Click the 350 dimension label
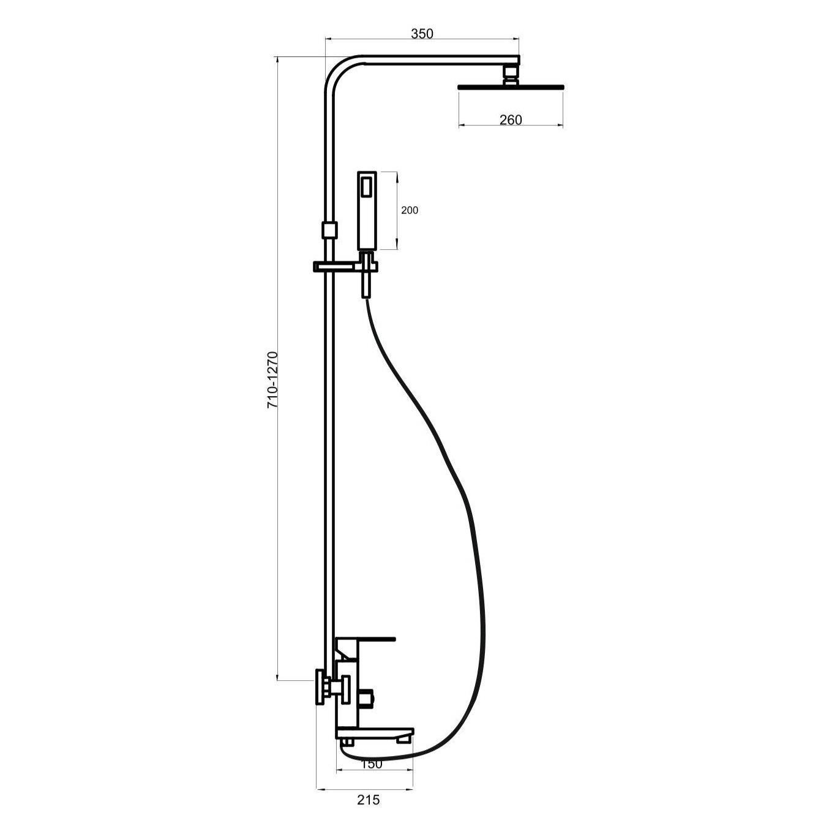coord(422,34)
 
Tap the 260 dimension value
coord(511,119)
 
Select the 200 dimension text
coord(410,211)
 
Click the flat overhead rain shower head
coord(511,87)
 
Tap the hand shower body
coord(367,211)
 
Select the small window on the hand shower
coord(367,186)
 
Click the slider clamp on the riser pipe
coord(329,230)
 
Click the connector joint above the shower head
coord(511,74)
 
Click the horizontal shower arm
coord(440,59)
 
